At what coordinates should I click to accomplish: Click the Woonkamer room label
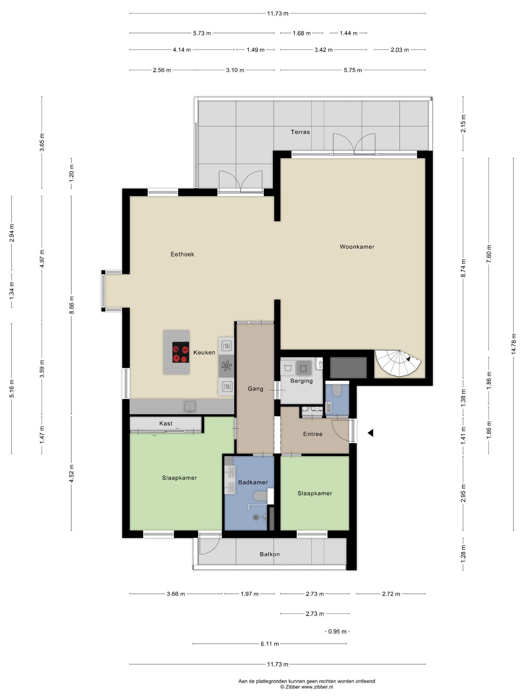[357, 247]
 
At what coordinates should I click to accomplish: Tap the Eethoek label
[182, 254]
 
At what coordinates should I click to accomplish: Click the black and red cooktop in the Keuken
[180, 352]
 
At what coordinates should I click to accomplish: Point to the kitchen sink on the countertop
[190, 406]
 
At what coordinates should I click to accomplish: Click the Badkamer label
[253, 482]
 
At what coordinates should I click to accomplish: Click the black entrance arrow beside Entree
[370, 433]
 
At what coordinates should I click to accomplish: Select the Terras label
[300, 132]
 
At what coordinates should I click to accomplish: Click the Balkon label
[270, 554]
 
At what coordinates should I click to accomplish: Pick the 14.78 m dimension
[513, 344]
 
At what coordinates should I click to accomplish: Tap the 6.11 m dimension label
[270, 644]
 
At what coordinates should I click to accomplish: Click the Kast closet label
[166, 424]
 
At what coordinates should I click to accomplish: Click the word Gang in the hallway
[255, 389]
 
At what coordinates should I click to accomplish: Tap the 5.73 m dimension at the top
[202, 33]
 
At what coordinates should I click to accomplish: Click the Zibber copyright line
[306, 687]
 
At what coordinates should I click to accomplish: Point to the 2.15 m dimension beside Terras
[463, 124]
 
